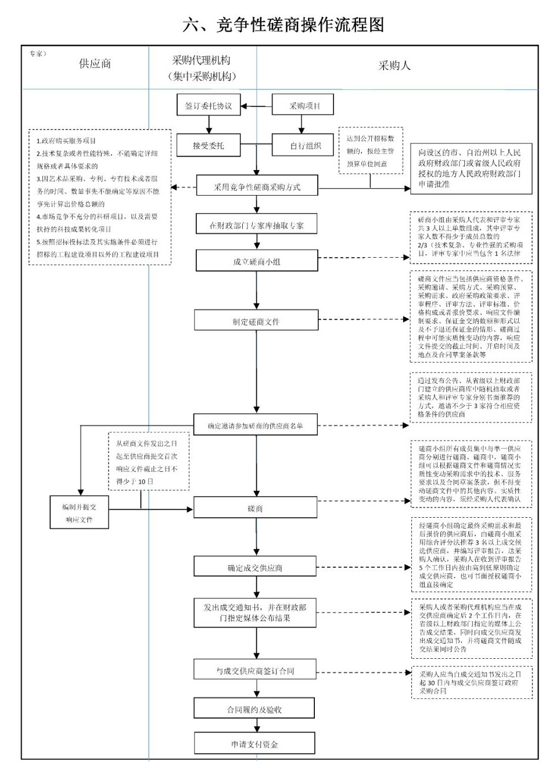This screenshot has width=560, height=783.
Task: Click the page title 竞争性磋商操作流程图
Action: [283, 25]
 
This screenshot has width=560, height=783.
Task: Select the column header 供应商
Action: [95, 64]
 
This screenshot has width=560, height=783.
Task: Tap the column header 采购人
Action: [394, 66]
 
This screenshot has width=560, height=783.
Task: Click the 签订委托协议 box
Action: [209, 106]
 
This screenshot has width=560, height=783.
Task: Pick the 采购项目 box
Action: [304, 106]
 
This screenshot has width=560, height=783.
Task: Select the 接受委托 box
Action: [209, 146]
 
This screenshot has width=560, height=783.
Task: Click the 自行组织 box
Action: [304, 146]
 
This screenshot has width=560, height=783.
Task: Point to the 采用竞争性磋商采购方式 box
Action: [257, 187]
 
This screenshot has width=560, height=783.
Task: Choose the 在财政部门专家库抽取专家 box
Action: [256, 225]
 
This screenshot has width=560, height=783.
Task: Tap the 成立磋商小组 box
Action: [256, 261]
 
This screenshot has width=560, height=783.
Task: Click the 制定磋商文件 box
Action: [256, 321]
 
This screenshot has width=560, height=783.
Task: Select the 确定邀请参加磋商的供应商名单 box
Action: [256, 425]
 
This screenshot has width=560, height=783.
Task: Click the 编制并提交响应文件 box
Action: [79, 513]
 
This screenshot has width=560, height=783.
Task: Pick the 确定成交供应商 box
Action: [255, 567]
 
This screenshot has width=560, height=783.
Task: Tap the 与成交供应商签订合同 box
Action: [255, 670]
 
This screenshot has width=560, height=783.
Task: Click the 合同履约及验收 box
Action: [254, 709]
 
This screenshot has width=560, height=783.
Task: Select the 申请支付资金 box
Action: [254, 744]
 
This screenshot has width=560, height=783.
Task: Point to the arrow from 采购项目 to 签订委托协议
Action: [256, 106]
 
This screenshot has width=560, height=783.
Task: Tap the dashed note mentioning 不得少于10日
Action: [148, 461]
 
